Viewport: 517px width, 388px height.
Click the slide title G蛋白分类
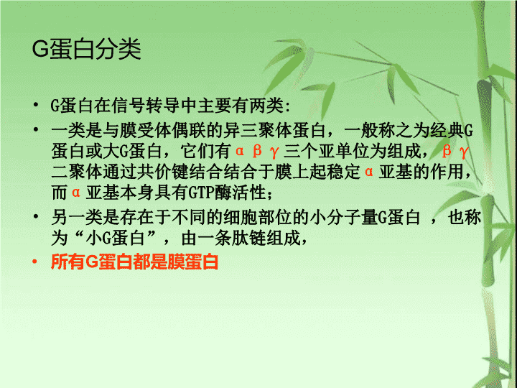coord(87,49)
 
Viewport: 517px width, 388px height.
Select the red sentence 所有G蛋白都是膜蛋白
coord(134,262)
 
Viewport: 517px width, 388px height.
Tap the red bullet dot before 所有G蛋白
coord(35,262)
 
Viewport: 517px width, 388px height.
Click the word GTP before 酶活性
coord(201,193)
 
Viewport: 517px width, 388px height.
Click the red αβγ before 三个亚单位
coord(257,152)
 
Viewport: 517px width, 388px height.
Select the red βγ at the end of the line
coord(455,152)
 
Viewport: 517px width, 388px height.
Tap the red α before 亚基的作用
coord(369,172)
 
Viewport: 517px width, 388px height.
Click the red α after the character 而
coord(76,193)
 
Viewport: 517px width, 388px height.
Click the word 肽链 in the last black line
coord(248,238)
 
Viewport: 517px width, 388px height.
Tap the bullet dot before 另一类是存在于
coord(36,217)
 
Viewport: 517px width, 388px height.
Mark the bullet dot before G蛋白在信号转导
coord(36,105)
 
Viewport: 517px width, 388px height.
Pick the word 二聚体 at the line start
coord(77,172)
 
